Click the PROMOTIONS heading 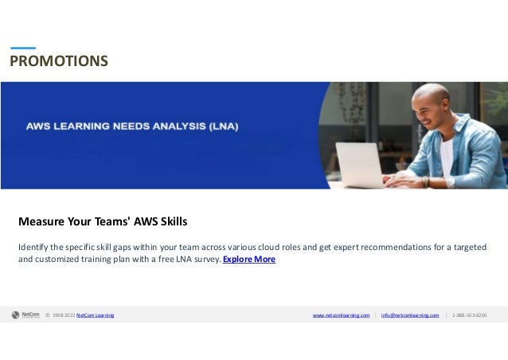pos(59,61)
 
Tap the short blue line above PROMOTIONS pos(22,48)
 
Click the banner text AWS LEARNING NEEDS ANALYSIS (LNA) pos(131,126)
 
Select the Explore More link pos(249,260)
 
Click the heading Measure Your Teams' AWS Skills pos(103,221)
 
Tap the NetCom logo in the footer pos(26,315)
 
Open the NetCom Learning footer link pos(95,315)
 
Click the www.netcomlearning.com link pos(341,315)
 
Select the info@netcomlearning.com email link pos(409,315)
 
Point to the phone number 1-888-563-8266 pos(469,315)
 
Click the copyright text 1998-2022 pos(63,315)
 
